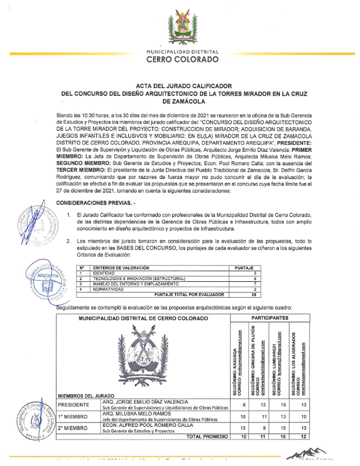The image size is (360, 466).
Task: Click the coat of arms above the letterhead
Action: pos(182,26)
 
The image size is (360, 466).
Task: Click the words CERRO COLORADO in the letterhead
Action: pos(182,59)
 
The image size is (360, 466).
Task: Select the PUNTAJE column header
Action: pos(244,268)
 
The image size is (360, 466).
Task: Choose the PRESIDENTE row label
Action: pos(74,405)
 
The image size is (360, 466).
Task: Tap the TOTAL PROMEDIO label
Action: pos(207,437)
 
